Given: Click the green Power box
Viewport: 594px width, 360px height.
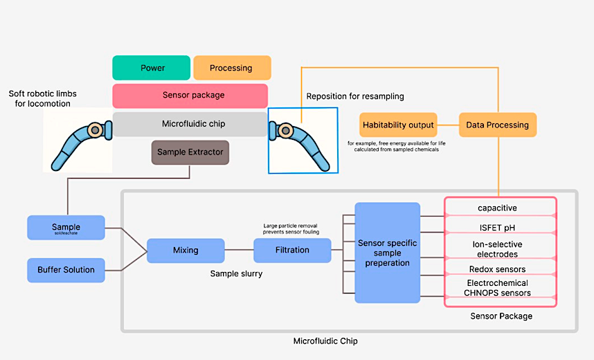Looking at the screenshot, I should click(x=152, y=68).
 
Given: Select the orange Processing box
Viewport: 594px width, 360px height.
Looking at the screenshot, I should click(x=232, y=68).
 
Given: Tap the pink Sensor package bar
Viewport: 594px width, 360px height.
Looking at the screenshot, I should click(x=190, y=96).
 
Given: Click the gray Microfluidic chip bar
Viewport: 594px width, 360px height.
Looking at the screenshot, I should click(x=190, y=125).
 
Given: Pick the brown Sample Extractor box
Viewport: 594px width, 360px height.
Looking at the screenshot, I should click(x=190, y=152).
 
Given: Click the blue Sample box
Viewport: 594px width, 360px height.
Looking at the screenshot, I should click(x=66, y=228).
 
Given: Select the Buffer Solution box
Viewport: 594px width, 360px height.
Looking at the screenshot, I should click(x=66, y=270).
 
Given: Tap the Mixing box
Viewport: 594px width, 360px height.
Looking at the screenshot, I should click(x=186, y=251).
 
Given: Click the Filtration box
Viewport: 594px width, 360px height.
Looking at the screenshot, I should click(x=291, y=251).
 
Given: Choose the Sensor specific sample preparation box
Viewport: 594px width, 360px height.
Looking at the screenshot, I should click(x=387, y=253).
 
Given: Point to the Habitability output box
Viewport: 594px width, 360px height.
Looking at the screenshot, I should click(x=398, y=125).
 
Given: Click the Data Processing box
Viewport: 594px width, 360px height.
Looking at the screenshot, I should click(x=498, y=125).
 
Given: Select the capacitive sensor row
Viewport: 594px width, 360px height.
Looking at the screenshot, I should click(x=499, y=208).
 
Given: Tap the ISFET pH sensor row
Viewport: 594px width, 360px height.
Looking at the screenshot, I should click(x=499, y=227).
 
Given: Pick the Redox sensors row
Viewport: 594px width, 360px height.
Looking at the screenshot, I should click(x=499, y=269).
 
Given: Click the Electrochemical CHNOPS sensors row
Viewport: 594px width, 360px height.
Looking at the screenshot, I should click(x=499, y=288).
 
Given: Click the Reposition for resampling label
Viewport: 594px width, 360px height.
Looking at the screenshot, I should click(x=355, y=96).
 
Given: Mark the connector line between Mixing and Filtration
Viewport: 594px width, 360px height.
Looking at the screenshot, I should click(x=239, y=251).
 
